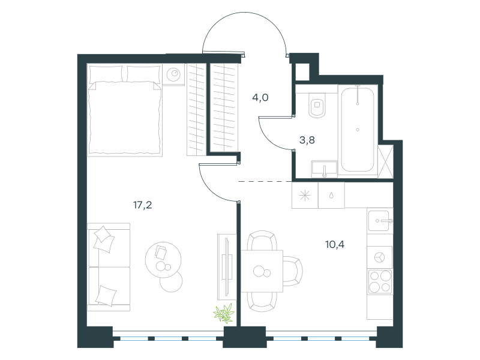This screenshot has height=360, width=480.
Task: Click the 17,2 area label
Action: point(143,205)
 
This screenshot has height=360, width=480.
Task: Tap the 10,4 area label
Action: point(335,244)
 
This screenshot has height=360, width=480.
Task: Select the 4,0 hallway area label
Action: point(260,97)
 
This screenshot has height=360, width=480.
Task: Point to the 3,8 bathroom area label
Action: point(307,140)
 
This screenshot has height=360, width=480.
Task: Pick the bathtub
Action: point(357,130)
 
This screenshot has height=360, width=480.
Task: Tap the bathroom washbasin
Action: point(324,169)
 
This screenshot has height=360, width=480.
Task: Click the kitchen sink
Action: point(380,220)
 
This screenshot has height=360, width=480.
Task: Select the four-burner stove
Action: point(380,281)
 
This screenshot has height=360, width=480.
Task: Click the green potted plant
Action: point(224,313)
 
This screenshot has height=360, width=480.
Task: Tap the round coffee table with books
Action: point(163,260)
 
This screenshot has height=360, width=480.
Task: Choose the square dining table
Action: point(262,271)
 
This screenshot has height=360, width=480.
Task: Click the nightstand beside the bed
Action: point(173,74)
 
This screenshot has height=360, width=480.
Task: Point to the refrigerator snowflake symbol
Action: point(305,196)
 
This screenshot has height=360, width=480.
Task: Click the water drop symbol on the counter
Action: point(331,196)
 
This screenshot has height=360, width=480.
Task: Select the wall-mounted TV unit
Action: point(227,266)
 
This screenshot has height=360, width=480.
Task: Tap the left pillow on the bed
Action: point(106,74)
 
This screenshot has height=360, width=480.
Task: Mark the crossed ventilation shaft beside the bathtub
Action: point(385,161)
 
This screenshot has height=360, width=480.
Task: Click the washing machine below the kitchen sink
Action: point(380,257)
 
